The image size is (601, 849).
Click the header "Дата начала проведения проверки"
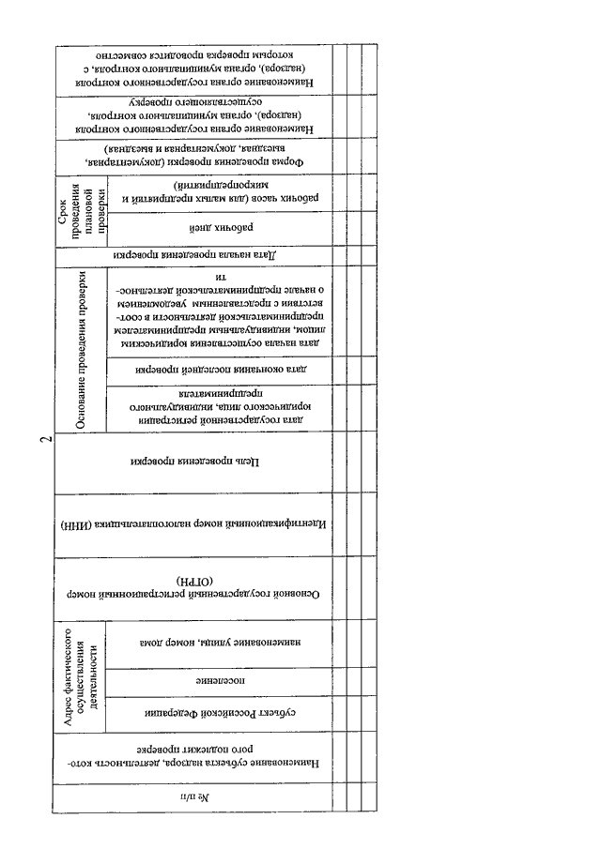193,254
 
